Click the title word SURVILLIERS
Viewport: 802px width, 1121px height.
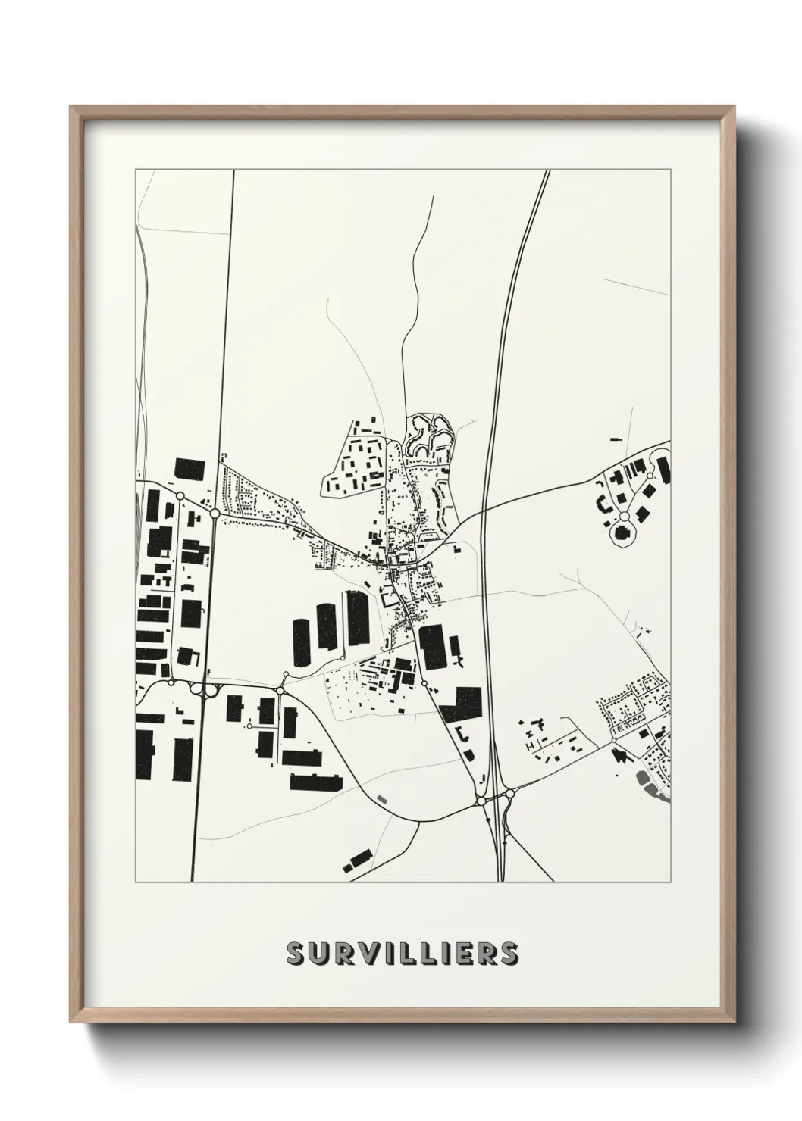[402, 954]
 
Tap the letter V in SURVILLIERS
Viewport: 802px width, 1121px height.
[370, 954]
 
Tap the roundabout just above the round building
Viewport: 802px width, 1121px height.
[624, 516]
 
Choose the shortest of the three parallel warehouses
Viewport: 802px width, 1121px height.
[302, 642]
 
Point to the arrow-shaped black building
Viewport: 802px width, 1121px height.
[622, 754]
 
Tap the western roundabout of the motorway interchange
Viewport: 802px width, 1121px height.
[481, 800]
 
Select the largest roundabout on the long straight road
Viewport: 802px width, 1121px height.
[215, 514]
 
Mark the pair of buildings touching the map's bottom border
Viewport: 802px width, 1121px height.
[356, 862]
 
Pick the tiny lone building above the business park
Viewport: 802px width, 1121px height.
[615, 438]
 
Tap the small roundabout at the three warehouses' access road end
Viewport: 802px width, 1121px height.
[286, 673]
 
